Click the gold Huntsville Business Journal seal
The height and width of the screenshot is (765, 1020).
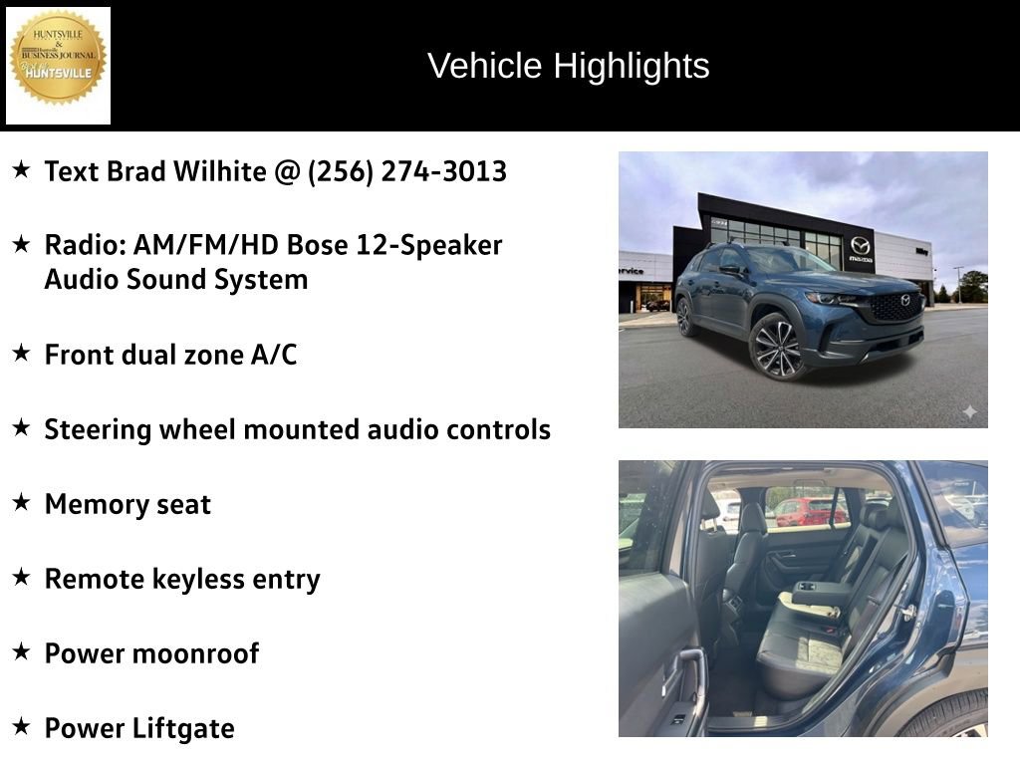pyautogui.click(x=58, y=58)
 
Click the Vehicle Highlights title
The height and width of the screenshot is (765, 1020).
pyautogui.click(x=568, y=66)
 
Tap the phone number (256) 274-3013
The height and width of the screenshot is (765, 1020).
pyautogui.click(x=407, y=171)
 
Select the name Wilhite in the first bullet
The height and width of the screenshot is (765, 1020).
pyautogui.click(x=219, y=171)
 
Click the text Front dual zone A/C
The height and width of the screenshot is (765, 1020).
pyautogui.click(x=170, y=355)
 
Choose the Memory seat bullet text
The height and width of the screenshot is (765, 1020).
pyautogui.click(x=127, y=504)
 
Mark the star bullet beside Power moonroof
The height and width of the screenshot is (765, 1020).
pyautogui.click(x=21, y=651)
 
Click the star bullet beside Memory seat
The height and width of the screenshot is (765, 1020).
pyautogui.click(x=21, y=502)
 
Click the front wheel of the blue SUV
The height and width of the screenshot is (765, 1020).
pyautogui.click(x=776, y=346)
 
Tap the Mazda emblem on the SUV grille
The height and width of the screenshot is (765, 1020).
pyautogui.click(x=905, y=300)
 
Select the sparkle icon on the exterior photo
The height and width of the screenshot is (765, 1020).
pyautogui.click(x=969, y=411)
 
